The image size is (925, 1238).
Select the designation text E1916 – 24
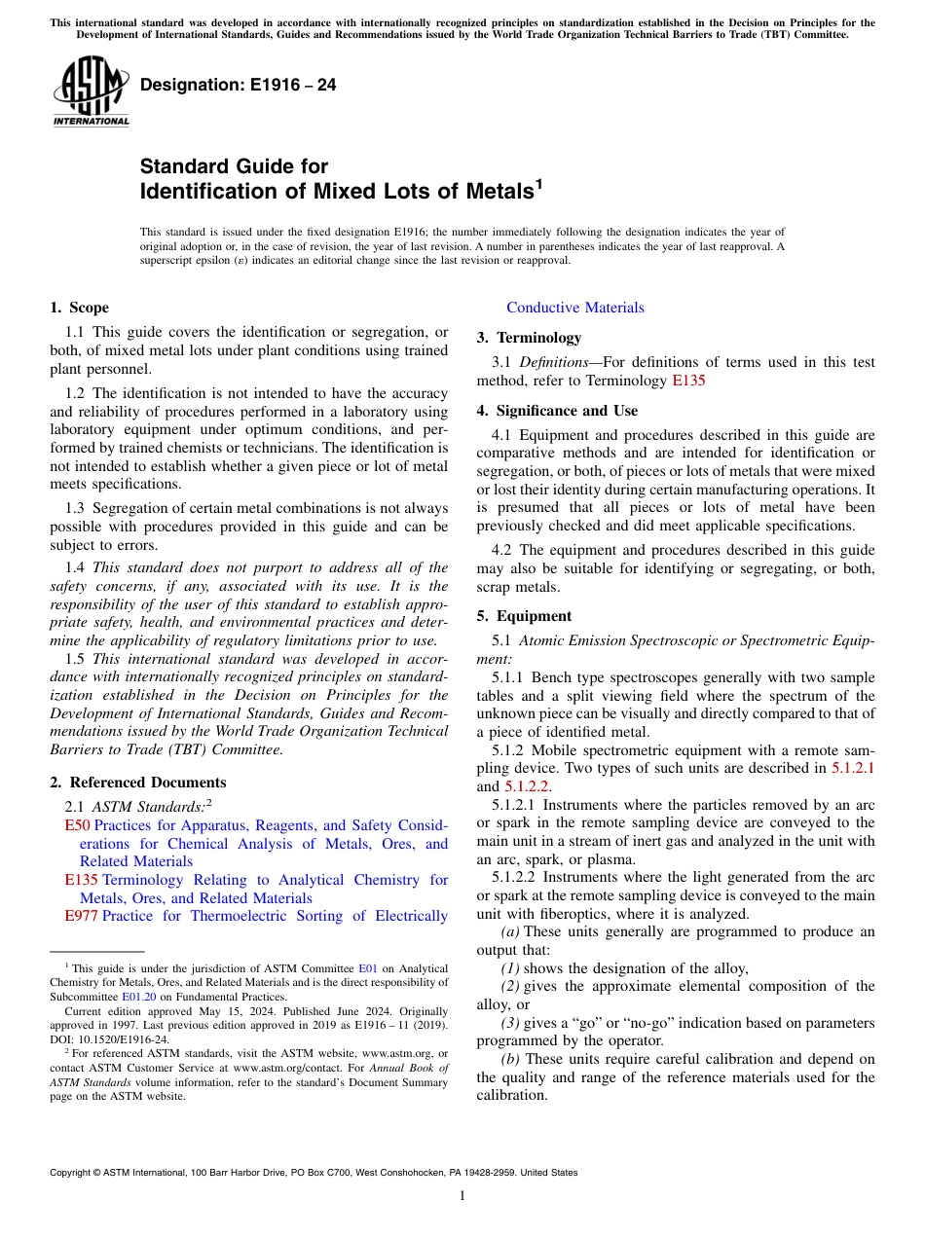(239, 85)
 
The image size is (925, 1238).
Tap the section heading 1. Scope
(79, 308)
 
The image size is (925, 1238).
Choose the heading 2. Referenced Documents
(137, 783)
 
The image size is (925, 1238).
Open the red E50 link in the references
(77, 825)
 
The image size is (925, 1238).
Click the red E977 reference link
(81, 916)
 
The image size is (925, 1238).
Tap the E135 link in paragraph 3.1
(688, 381)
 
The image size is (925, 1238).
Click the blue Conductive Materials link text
(574, 308)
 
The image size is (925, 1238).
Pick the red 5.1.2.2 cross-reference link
(527, 786)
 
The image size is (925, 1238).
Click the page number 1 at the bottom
(462, 1195)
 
